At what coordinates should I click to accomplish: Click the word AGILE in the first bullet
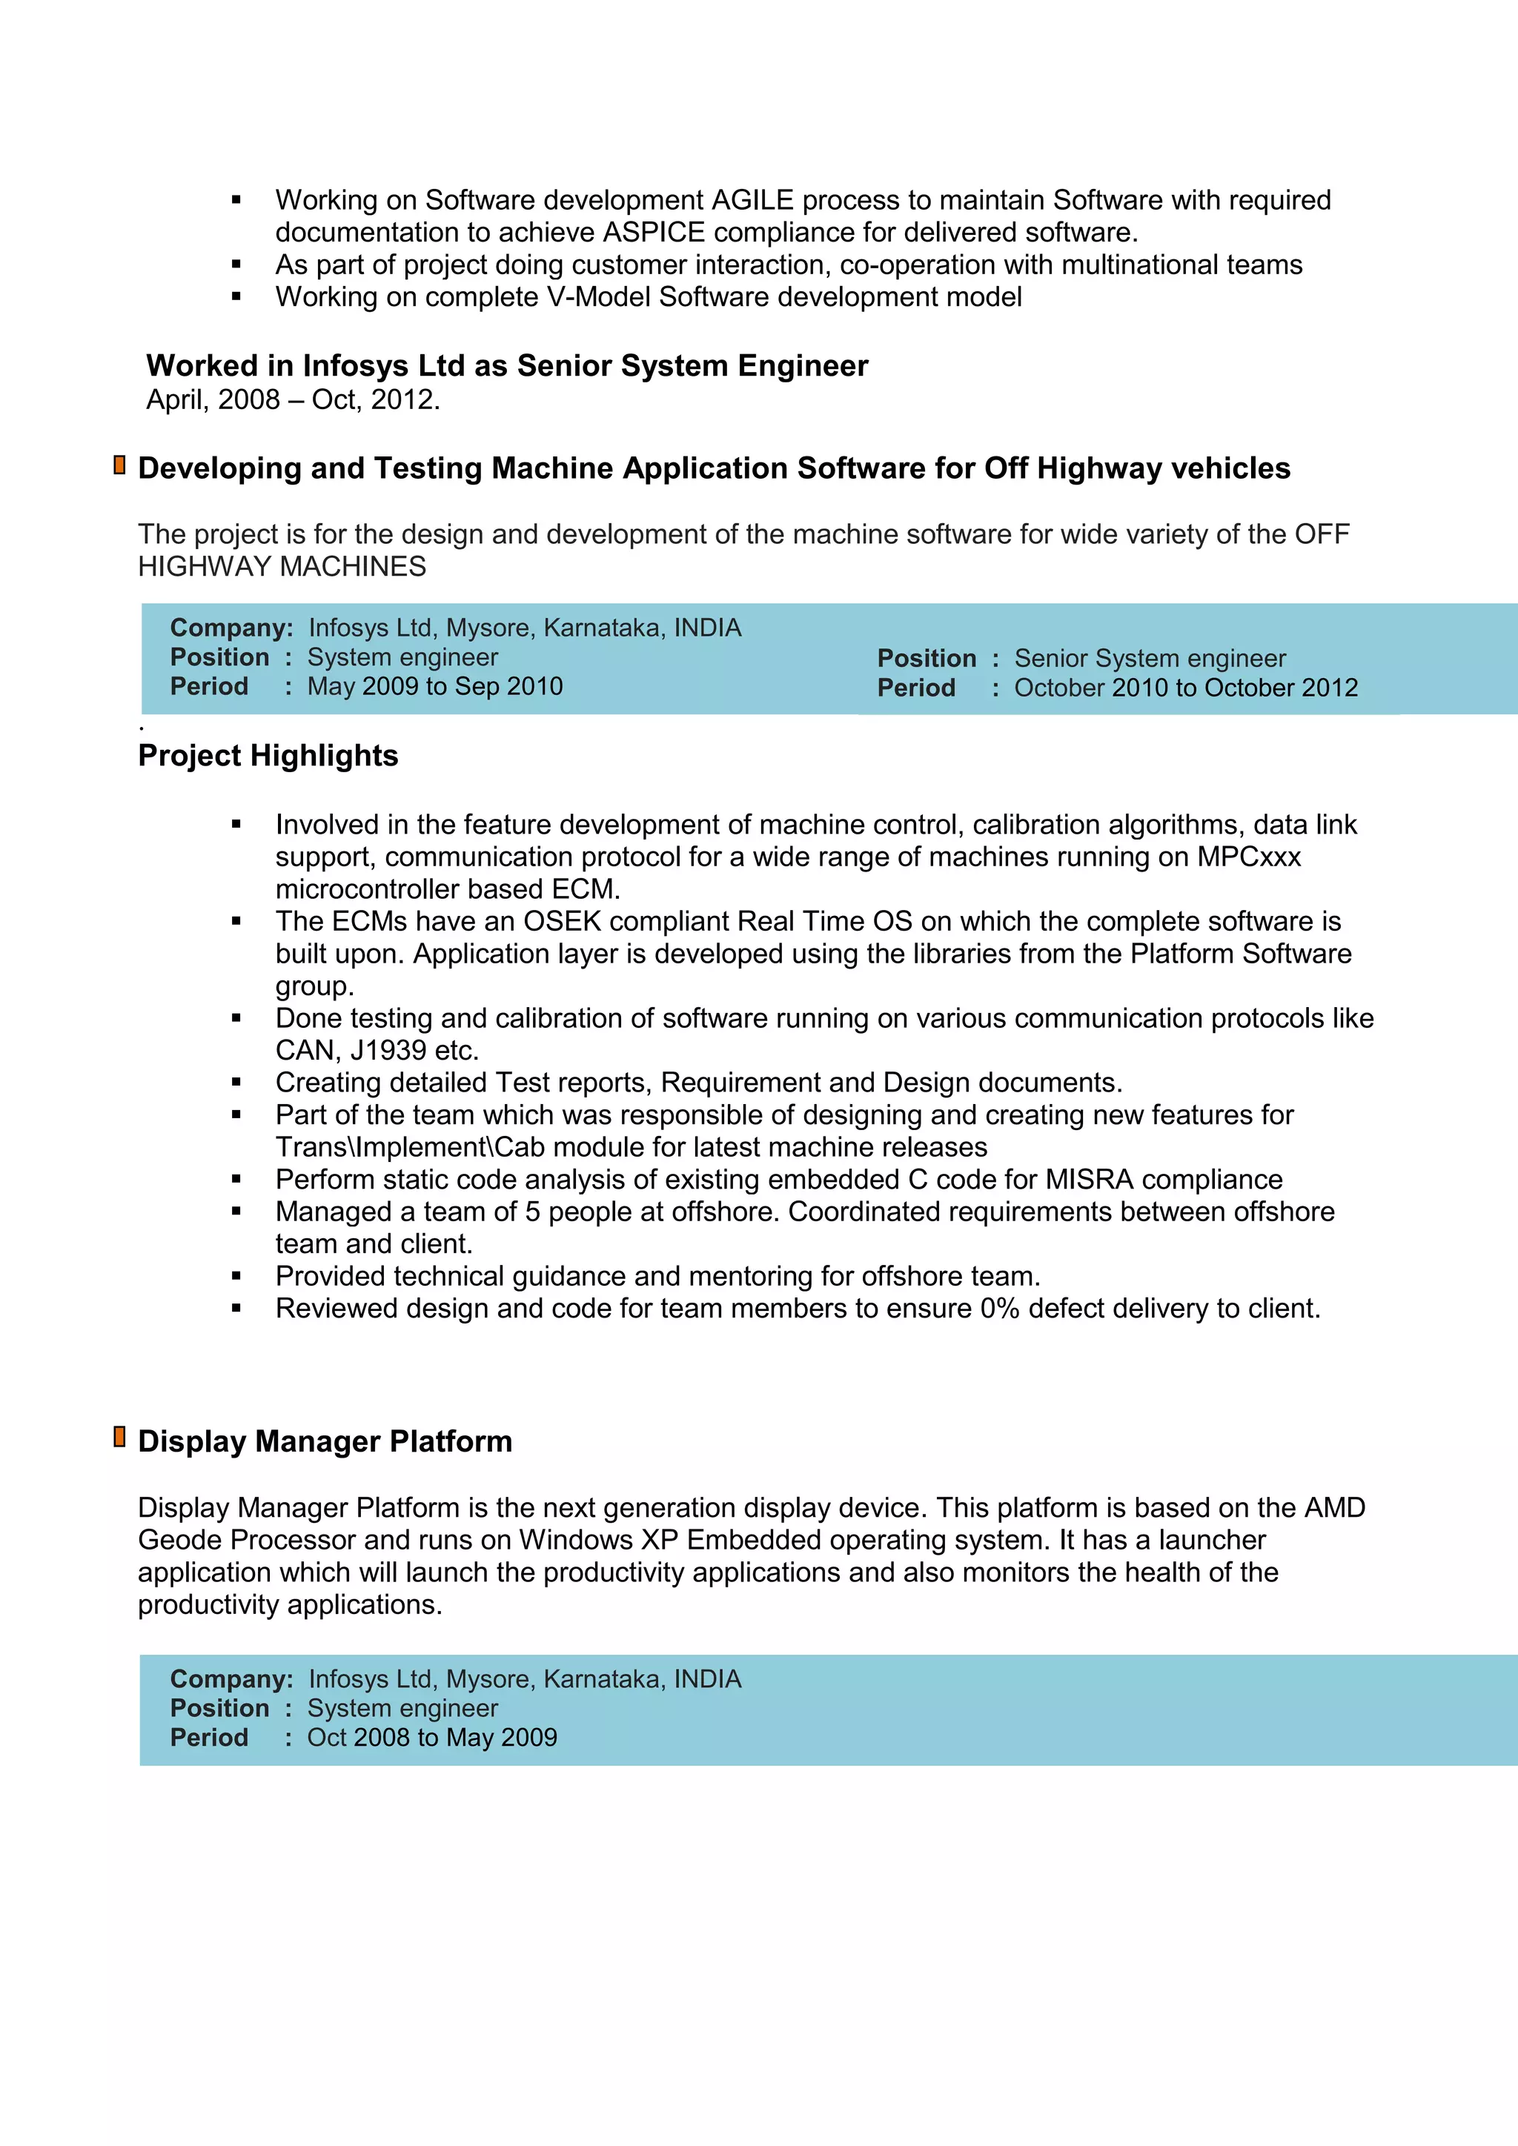(x=752, y=200)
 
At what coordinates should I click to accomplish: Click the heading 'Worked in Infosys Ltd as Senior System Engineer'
(x=507, y=365)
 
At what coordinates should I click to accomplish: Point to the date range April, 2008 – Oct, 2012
(x=293, y=400)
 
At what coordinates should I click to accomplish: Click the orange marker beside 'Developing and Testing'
(x=119, y=465)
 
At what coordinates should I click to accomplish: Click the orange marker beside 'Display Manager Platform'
(x=119, y=1438)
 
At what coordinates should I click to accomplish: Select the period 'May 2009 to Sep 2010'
(x=434, y=687)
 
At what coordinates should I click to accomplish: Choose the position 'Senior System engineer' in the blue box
(x=1149, y=659)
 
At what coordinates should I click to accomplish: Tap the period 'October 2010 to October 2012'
(x=1185, y=688)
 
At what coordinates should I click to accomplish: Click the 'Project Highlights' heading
(x=268, y=756)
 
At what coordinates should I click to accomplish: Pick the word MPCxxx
(x=1249, y=857)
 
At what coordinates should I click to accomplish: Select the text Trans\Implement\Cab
(x=409, y=1148)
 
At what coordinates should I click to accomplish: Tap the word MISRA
(x=1088, y=1180)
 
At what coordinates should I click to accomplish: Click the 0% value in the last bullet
(x=998, y=1309)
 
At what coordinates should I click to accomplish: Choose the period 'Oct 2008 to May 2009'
(x=432, y=1738)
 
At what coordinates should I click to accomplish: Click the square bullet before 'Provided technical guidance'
(x=236, y=1276)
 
